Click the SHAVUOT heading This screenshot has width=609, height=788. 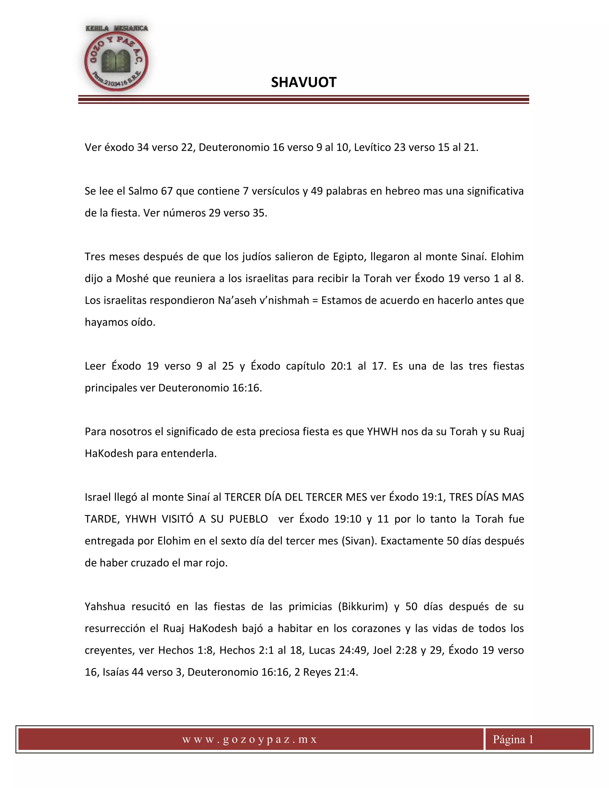(303, 83)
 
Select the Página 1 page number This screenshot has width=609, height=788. (513, 739)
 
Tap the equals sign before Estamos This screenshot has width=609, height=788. (315, 301)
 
